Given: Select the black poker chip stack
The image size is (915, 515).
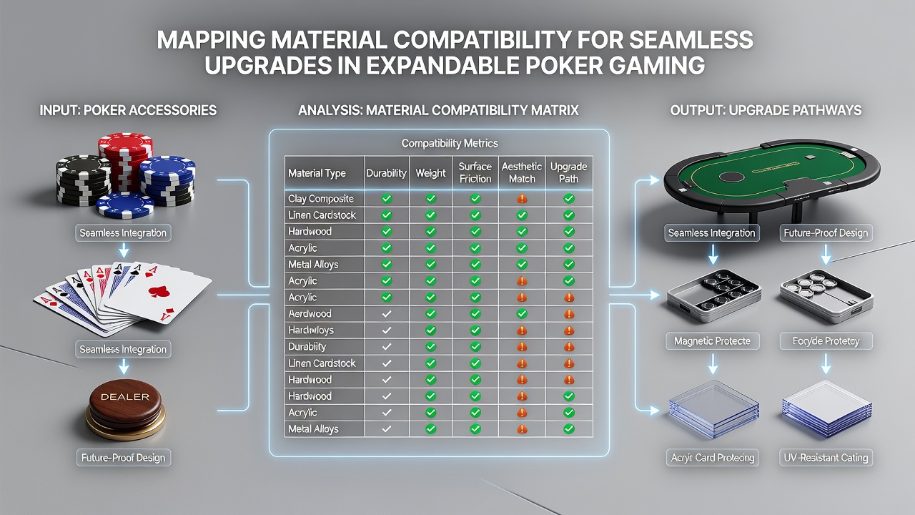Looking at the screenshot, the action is (x=84, y=180).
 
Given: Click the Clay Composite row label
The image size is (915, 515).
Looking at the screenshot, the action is (x=321, y=199).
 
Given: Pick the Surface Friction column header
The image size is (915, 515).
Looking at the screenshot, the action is (x=475, y=172).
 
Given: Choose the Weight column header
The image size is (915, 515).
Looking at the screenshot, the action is (x=430, y=173).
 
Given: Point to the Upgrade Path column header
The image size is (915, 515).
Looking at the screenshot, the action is (x=568, y=172).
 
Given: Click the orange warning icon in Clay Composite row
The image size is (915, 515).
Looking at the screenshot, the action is (x=522, y=199).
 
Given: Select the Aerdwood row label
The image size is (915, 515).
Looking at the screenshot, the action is (x=310, y=313).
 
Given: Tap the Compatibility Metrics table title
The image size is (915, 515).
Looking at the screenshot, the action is (x=450, y=143).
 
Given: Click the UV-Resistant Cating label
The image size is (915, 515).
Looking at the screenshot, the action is (x=826, y=457).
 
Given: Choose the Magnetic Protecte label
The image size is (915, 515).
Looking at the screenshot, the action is (x=712, y=341).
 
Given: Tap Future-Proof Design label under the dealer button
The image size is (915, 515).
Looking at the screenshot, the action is (x=124, y=457).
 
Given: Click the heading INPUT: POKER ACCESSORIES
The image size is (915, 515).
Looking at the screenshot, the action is (x=128, y=110).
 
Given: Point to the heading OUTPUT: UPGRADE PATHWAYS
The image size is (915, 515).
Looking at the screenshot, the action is (x=766, y=110).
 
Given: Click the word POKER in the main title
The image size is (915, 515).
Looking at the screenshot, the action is (x=561, y=65).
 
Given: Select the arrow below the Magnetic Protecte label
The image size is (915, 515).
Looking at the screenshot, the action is (x=713, y=364).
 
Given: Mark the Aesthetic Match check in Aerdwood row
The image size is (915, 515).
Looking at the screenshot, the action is (x=522, y=313).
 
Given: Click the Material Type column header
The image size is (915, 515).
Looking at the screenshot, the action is (x=317, y=173).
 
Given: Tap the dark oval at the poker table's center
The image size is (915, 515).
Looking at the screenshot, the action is (x=732, y=177).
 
